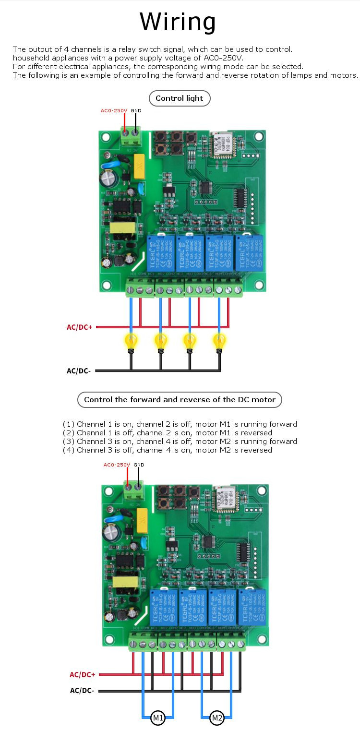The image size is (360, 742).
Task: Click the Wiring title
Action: [x=178, y=22]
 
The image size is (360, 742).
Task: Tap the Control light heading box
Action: [x=180, y=98]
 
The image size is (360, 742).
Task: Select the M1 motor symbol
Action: [x=158, y=718]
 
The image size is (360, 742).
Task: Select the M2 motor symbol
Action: [x=217, y=718]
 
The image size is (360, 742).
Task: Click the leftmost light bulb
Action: [x=131, y=342]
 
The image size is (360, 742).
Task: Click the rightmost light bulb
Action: [x=219, y=342]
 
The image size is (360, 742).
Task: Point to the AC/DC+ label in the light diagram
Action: [x=80, y=327]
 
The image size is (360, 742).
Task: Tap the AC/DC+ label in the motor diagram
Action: [x=83, y=674]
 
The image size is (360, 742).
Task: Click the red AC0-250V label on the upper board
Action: [x=114, y=111]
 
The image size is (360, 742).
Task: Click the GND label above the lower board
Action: [x=139, y=465]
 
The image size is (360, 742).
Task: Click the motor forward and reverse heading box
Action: [x=180, y=399]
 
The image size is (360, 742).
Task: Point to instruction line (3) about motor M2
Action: [x=180, y=442]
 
